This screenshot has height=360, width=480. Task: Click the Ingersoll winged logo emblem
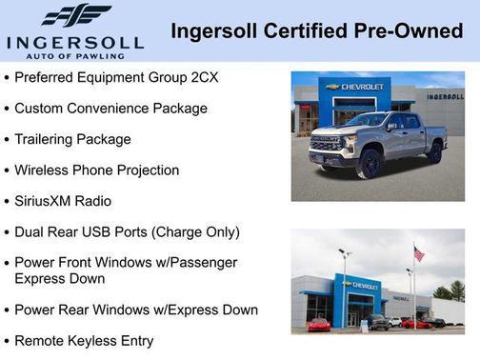(x=76, y=16)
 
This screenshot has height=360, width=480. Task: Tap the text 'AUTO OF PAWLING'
(x=75, y=55)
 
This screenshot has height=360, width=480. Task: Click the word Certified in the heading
(x=308, y=31)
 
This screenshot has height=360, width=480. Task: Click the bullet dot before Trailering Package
(x=7, y=140)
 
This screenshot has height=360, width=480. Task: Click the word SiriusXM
(x=49, y=201)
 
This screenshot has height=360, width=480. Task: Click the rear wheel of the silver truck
(x=434, y=150)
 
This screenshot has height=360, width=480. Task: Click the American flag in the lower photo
(x=418, y=253)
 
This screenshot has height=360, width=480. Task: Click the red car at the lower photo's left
(x=318, y=325)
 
